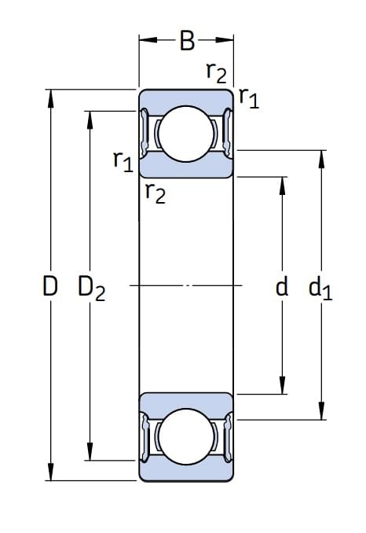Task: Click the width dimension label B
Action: tap(187, 41)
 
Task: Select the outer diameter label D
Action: tap(50, 285)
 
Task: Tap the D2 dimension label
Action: tap(92, 289)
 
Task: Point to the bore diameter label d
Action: tap(282, 285)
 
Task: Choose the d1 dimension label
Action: tap(320, 289)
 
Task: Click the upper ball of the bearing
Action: tap(185, 134)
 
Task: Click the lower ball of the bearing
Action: tap(185, 436)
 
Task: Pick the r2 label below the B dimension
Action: tap(216, 73)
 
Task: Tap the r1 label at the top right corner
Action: tap(249, 98)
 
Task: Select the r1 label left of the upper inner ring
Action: tap(123, 162)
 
